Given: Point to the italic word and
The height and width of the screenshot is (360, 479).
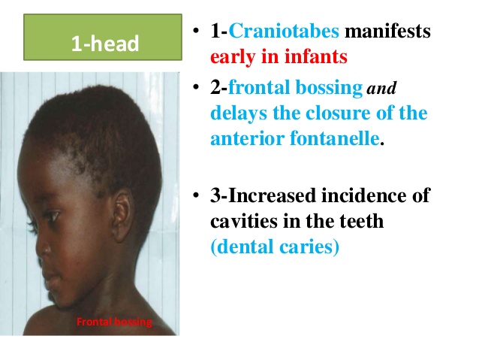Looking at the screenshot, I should click(x=381, y=89).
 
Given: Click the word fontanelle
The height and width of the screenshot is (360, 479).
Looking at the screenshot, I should click(x=338, y=139).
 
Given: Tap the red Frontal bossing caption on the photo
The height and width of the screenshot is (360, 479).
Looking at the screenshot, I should click(x=114, y=322).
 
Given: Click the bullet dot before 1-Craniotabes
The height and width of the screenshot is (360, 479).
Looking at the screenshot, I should click(x=194, y=32).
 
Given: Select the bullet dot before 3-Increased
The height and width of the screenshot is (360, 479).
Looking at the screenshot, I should click(x=194, y=197).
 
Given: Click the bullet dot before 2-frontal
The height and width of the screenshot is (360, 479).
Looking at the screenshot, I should click(x=194, y=89).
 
